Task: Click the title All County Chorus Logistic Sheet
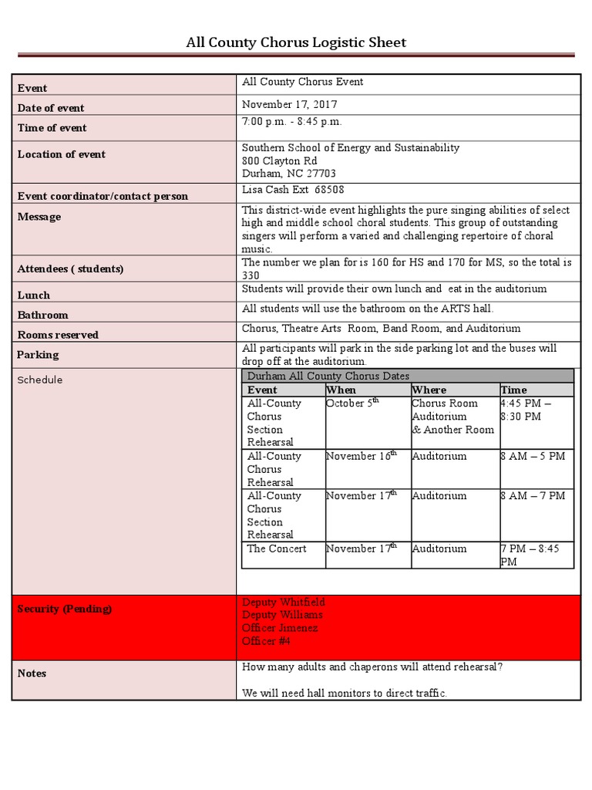point(296,42)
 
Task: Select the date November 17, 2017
point(290,104)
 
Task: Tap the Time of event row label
point(52,128)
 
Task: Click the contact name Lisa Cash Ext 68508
point(293,189)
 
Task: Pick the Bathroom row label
point(43,315)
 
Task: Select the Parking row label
point(39,355)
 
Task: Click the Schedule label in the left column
point(40,380)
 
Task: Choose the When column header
point(341,390)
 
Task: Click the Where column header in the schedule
point(429,390)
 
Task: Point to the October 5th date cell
point(353,403)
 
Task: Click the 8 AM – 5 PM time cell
point(533,456)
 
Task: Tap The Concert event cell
point(277,549)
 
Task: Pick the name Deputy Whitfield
point(284,602)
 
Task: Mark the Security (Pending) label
point(65,609)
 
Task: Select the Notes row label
point(32,674)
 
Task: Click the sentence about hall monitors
point(345,693)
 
